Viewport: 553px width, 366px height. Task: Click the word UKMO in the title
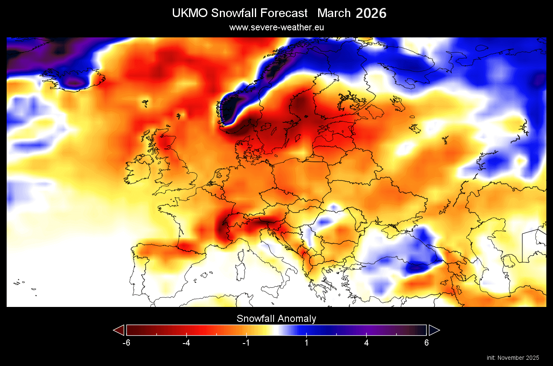[x=190, y=13]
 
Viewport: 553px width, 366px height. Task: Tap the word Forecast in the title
[x=284, y=13]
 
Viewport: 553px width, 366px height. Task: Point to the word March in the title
[x=334, y=13]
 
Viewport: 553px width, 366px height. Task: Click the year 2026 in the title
[x=371, y=13]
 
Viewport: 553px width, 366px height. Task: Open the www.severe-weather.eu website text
[x=276, y=27]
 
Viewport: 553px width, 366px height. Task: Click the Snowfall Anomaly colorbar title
[x=276, y=319]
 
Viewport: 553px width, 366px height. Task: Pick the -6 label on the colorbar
[x=127, y=343]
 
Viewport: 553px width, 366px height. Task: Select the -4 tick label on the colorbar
[x=187, y=343]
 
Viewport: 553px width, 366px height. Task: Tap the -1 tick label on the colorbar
[x=246, y=343]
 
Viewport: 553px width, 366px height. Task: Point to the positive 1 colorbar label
[x=306, y=343]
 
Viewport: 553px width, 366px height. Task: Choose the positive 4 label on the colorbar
[x=366, y=343]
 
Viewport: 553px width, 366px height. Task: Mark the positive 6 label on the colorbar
[x=426, y=343]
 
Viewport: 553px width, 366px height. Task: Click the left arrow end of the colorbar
[x=119, y=330]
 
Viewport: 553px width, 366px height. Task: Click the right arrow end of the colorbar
[x=434, y=330]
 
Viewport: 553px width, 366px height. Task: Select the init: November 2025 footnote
[x=513, y=358]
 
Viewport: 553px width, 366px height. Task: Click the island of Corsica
[x=241, y=255]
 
